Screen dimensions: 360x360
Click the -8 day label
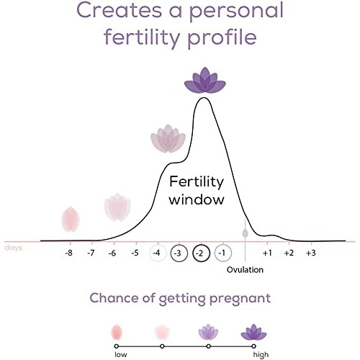tap(69, 253)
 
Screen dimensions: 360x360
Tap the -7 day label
tap(91, 253)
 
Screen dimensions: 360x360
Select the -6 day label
tap(113, 253)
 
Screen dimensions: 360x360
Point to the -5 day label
tap(135, 253)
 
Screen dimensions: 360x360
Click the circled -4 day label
tap(157, 253)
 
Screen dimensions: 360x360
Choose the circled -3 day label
tap(179, 253)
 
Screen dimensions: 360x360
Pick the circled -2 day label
tap(201, 253)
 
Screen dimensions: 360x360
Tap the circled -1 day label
tap(222, 253)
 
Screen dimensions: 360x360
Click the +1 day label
tap(267, 253)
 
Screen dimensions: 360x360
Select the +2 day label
tap(289, 253)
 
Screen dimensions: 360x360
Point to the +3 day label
tap(311, 253)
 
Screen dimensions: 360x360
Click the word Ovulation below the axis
tap(245, 270)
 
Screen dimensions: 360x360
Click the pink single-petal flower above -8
tap(70, 218)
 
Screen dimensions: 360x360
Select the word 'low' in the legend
tap(120, 354)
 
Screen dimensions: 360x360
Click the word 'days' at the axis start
tap(12, 248)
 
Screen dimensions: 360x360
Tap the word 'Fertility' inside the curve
tap(197, 182)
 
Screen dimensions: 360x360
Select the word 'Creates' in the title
tap(122, 12)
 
